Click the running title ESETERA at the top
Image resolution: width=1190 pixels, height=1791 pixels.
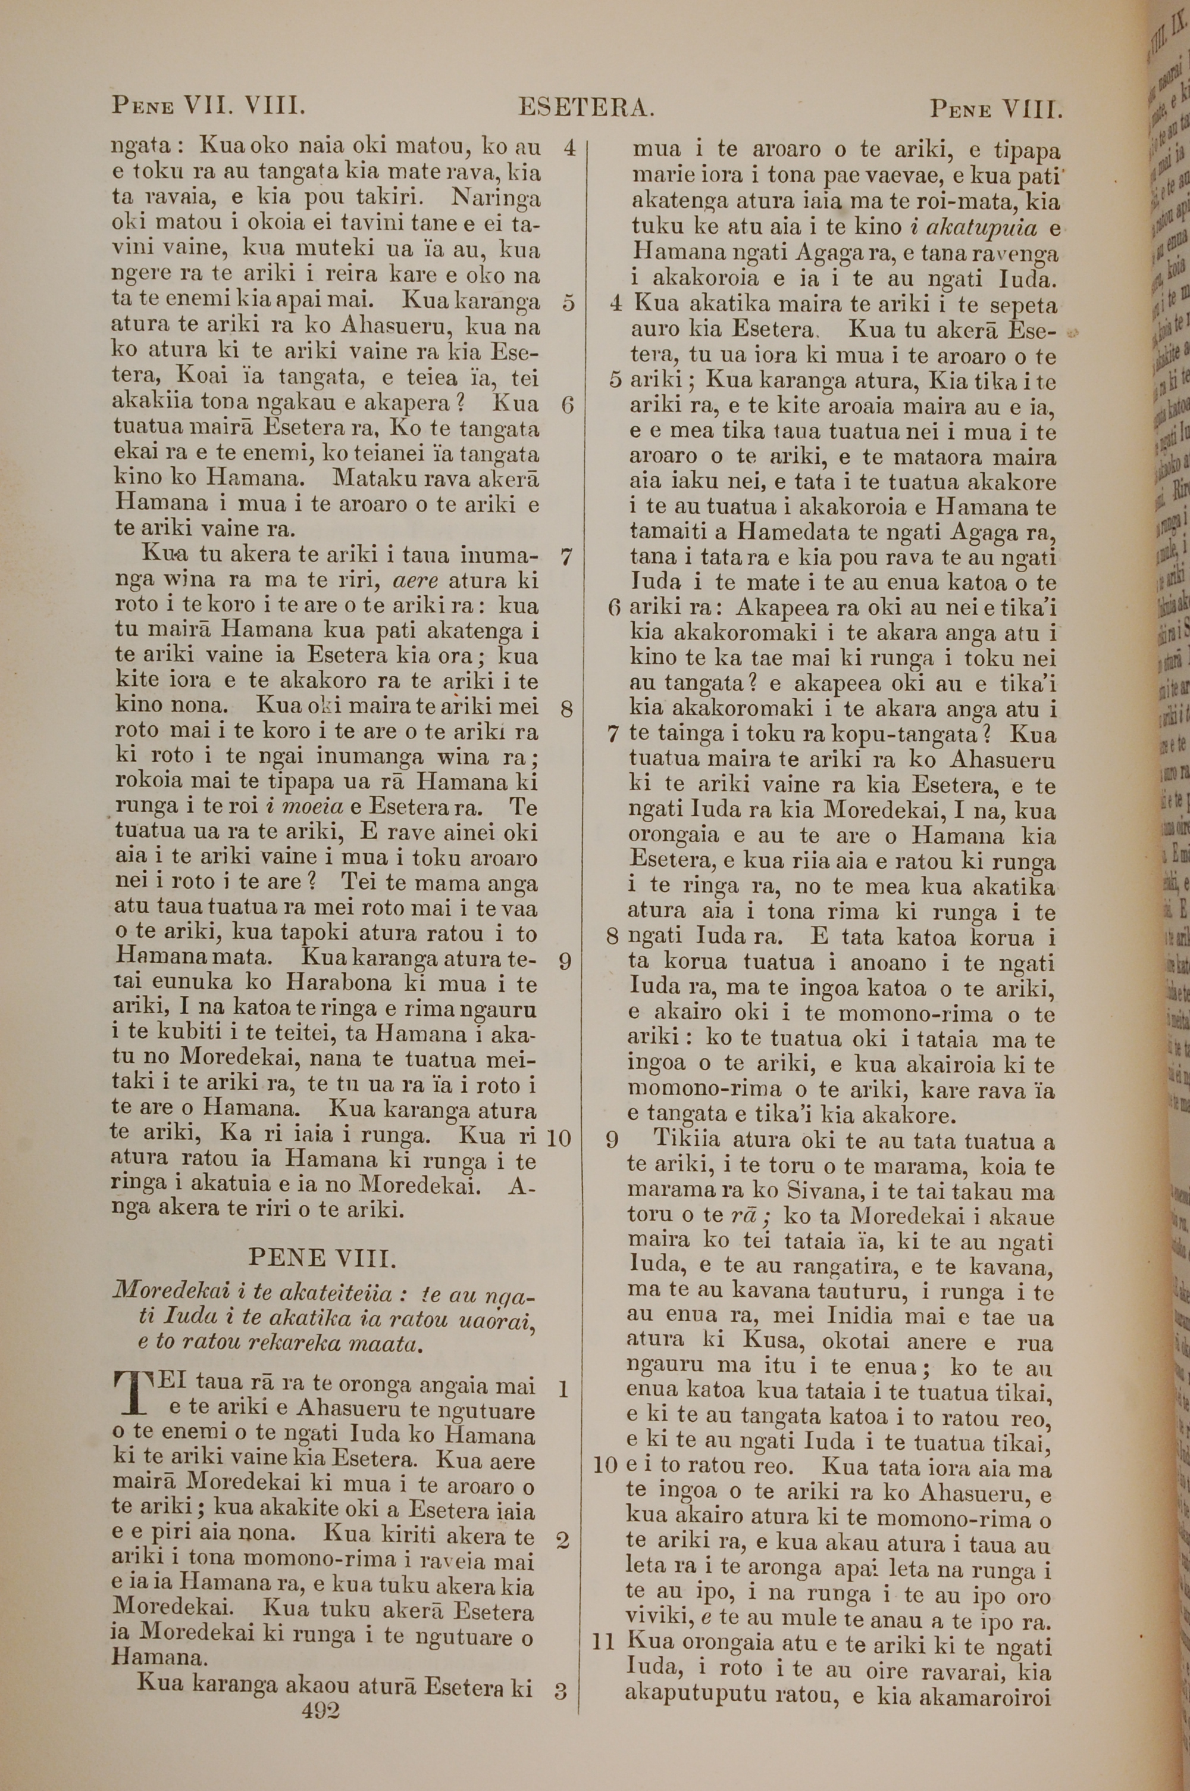tap(585, 108)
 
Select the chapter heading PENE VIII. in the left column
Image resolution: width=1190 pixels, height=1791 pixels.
tap(322, 1258)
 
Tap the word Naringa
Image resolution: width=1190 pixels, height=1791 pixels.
tap(495, 199)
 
